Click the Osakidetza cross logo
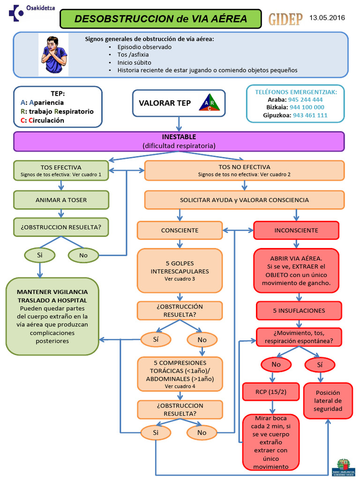(x=16, y=13)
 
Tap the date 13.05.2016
(x=327, y=18)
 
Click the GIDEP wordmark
(x=285, y=19)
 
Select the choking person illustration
(x=53, y=55)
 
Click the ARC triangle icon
(x=210, y=102)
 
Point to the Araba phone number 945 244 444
(x=305, y=99)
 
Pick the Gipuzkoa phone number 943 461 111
(x=310, y=115)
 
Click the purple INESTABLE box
(x=179, y=142)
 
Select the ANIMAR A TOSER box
(x=61, y=200)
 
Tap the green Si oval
(x=40, y=255)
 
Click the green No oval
(x=83, y=255)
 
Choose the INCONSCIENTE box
(x=296, y=230)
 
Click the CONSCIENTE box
(x=180, y=230)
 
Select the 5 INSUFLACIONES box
(x=299, y=311)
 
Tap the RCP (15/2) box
(x=270, y=391)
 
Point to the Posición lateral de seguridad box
(x=328, y=400)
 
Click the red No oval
(x=276, y=364)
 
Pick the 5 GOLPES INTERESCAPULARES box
(x=180, y=270)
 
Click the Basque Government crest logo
(x=343, y=467)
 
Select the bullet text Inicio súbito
(x=134, y=62)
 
